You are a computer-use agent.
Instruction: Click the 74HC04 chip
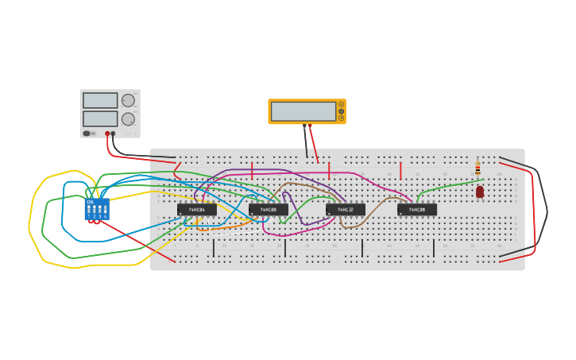[196, 210]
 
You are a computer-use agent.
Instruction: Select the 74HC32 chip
[346, 210]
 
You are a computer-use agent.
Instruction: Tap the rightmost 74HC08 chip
[417, 210]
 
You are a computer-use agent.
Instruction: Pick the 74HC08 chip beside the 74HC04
[269, 210]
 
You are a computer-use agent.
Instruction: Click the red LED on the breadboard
[480, 192]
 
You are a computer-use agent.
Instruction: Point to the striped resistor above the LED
[477, 168]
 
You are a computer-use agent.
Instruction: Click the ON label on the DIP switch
[90, 202]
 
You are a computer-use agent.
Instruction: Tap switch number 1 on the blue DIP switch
[89, 211]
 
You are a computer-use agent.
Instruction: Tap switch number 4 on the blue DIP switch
[105, 211]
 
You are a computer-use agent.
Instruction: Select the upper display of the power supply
[100, 101]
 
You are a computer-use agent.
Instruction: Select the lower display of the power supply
[100, 118]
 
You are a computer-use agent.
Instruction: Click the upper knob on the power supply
[128, 100]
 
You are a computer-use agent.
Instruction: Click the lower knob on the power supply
[128, 119]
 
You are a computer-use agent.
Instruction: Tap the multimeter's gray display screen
[303, 111]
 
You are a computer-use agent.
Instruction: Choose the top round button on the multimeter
[342, 104]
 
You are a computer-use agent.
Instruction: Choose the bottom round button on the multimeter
[342, 118]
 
